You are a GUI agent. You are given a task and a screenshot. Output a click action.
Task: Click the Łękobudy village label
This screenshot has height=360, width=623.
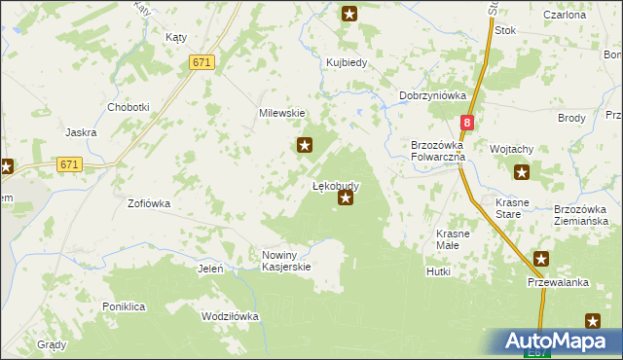click(336, 185)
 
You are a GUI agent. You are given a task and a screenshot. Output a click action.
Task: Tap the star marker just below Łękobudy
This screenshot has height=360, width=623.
click(346, 198)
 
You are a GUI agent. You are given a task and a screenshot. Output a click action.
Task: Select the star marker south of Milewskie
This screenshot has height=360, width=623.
click(305, 146)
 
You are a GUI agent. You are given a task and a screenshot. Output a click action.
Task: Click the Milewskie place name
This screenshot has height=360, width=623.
click(282, 113)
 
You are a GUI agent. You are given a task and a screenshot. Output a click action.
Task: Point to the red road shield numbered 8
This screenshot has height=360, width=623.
click(467, 123)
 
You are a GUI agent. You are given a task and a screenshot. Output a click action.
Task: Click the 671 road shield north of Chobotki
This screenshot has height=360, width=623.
click(202, 62)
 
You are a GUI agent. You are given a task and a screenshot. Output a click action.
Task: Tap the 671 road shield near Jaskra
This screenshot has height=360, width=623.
click(68, 164)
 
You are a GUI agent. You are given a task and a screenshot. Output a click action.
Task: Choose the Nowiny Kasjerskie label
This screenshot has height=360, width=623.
click(286, 261)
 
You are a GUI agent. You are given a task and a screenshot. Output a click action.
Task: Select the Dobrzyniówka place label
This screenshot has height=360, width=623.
click(433, 95)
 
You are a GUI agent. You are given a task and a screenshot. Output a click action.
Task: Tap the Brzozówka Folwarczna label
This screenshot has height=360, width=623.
click(438, 150)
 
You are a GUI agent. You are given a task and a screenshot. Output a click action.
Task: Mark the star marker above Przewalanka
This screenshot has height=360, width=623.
click(541, 259)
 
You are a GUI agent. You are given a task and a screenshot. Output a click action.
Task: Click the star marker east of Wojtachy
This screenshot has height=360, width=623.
click(522, 173)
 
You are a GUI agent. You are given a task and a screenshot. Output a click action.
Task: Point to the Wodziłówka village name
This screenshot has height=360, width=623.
click(230, 316)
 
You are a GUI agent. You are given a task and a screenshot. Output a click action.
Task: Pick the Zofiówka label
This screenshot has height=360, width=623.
click(149, 204)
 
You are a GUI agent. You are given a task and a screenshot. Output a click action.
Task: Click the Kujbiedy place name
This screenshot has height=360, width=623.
click(346, 63)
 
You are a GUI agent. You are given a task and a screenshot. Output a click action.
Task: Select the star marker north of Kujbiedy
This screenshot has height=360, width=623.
click(350, 14)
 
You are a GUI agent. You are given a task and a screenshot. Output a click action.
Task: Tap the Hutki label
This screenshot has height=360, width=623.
click(438, 271)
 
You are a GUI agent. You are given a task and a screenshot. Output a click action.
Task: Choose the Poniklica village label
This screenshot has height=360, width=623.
click(124, 306)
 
